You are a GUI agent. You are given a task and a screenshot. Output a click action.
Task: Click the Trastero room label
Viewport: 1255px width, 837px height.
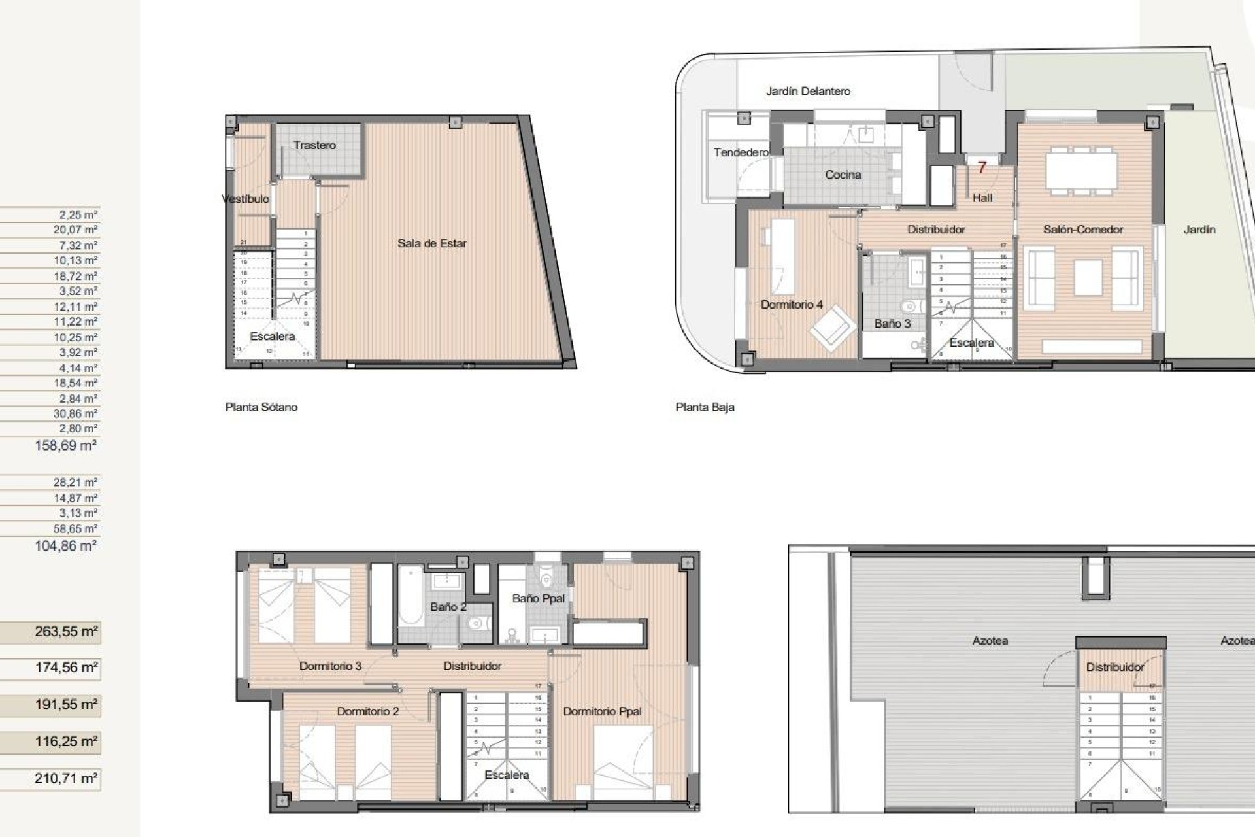314,145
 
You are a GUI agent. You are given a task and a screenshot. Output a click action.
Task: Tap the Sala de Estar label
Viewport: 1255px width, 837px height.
431,243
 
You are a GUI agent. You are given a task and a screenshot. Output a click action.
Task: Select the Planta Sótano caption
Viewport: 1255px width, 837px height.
261,407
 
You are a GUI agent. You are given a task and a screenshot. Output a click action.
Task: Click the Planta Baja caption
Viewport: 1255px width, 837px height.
705,407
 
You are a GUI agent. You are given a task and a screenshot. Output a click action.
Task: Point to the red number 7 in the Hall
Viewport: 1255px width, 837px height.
981,168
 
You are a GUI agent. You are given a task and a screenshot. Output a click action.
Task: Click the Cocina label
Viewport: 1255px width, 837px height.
843,175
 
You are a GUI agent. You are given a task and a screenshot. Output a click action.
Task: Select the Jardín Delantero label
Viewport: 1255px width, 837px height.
808,92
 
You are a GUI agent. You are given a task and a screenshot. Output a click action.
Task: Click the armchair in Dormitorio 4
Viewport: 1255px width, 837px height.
832,330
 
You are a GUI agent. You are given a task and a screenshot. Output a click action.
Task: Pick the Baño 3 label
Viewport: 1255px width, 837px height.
892,324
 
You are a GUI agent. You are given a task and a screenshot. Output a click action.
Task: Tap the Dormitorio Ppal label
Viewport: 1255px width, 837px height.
602,711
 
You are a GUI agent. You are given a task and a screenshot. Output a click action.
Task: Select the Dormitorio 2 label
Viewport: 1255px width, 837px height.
367,711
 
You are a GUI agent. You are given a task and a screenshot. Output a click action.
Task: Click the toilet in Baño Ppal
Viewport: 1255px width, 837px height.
548,577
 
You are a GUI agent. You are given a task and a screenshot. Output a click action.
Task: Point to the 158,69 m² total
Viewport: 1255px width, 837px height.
65,446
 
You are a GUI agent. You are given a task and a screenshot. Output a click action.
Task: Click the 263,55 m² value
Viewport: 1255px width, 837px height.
66,632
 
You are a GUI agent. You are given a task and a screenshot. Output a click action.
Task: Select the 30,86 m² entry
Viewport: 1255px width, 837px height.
75,413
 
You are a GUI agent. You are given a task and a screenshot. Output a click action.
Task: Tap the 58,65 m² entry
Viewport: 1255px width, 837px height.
75,528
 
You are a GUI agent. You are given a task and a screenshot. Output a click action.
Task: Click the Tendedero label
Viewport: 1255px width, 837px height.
741,152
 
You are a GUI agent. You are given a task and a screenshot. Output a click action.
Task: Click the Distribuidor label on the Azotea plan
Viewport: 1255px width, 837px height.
1114,667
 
